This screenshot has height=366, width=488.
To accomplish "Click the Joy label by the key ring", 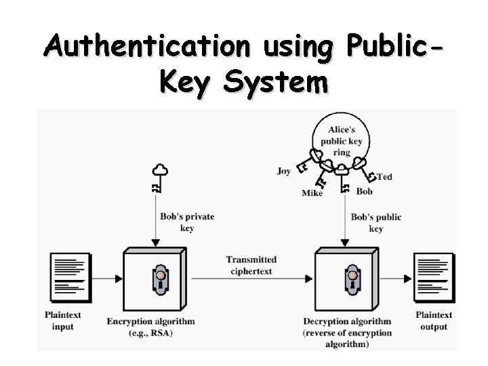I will coord(283,171).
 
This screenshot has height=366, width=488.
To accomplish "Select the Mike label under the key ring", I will coord(312,193).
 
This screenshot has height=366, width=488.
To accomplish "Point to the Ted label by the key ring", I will coord(384,177).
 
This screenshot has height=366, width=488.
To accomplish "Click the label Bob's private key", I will coord(187,222).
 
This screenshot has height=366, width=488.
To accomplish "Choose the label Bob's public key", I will coord(376,222).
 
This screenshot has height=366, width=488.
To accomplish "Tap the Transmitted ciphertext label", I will coord(251,265).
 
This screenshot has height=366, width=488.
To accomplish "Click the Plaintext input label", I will coord(64,321).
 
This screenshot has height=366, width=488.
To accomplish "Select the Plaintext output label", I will coord(434,321).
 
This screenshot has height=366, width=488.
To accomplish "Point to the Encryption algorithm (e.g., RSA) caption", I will coord(150,326).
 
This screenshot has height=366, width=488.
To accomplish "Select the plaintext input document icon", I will coord(70,277).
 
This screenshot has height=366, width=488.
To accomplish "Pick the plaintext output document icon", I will coord(434,277).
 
